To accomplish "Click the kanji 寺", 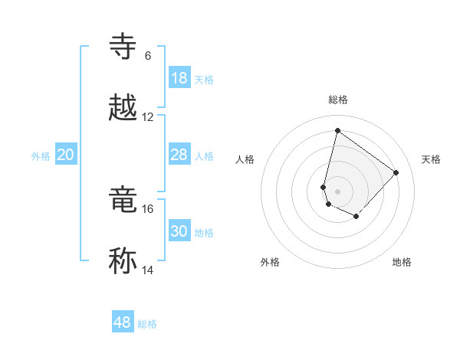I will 123,47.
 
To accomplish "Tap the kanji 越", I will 123,108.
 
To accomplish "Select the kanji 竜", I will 123,200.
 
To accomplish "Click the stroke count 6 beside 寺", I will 147,56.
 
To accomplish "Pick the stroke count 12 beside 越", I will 148,117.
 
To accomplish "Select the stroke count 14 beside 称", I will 148,270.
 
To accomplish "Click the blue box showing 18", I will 179,78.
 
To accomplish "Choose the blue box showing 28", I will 179,155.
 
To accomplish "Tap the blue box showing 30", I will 179,231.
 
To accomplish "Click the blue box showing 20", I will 66,155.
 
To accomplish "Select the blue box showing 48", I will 123,322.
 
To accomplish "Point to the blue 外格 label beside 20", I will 41,156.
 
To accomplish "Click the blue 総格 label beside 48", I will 147,324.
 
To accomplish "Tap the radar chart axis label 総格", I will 338,100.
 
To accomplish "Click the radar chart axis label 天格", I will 432,159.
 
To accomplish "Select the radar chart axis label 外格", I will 270,262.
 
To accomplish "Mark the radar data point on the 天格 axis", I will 396,172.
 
